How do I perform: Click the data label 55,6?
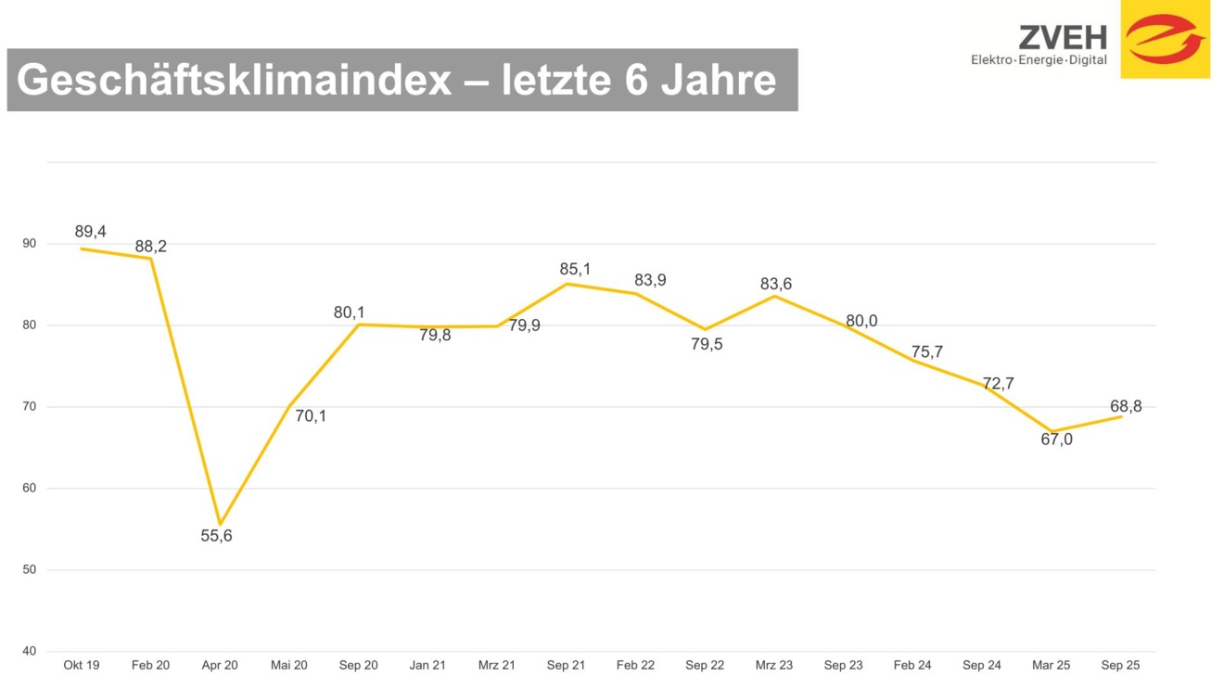point(216,536)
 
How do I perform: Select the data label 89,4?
point(90,232)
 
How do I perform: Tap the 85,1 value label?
point(575,270)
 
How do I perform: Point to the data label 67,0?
point(1056,440)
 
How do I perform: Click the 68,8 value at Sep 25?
point(1126,407)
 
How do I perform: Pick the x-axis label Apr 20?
point(220,666)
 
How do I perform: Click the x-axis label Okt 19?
point(82,666)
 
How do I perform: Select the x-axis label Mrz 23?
point(774,666)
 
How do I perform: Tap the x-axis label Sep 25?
point(1120,666)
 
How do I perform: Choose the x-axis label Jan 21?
point(427,666)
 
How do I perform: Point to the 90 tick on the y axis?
point(30,244)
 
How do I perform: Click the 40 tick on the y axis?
point(30,651)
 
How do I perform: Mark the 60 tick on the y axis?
point(30,489)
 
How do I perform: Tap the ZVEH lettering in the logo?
point(1063,37)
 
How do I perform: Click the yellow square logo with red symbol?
point(1165,39)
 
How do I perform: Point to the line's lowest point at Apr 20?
point(220,525)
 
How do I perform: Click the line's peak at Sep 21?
point(567,284)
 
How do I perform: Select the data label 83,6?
point(776,285)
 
